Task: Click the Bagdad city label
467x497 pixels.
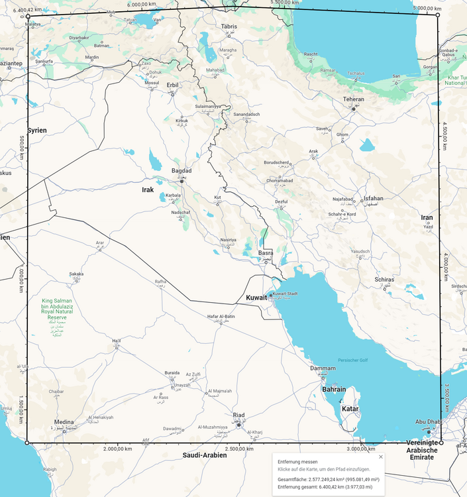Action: [182, 170]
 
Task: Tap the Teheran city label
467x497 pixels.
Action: [353, 99]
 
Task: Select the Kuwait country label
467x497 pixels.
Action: [256, 298]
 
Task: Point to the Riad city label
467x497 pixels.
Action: [238, 415]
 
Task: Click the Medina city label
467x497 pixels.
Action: [64, 422]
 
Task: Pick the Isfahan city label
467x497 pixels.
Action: [374, 199]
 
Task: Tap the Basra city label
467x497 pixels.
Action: [266, 253]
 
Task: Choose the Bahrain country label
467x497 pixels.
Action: [333, 390]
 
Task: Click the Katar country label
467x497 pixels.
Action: [350, 409]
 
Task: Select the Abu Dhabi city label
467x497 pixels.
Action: [429, 421]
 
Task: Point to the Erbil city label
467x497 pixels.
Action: [172, 85]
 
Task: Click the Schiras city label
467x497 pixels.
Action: [384, 280]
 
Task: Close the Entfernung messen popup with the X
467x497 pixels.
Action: [381, 457]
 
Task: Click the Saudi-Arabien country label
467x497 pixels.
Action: [205, 455]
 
